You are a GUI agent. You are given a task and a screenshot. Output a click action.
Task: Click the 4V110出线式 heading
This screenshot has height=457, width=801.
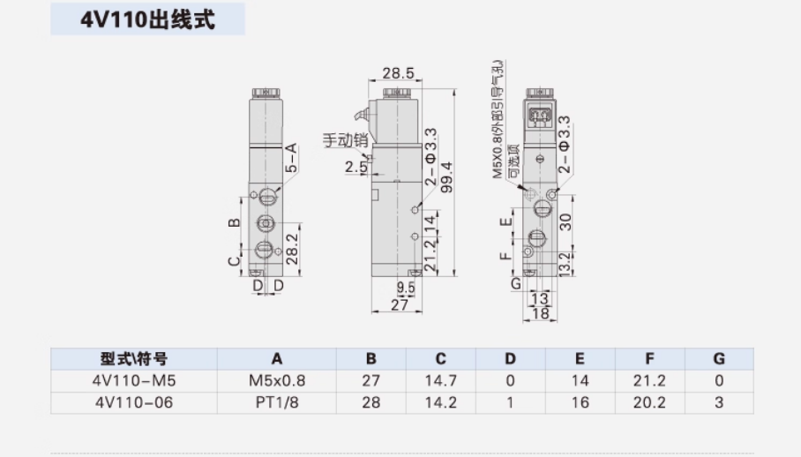tap(148, 19)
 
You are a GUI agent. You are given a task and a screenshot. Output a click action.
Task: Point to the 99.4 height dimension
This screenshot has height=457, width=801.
tap(446, 177)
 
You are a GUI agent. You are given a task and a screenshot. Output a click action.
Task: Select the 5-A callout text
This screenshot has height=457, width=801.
tap(291, 157)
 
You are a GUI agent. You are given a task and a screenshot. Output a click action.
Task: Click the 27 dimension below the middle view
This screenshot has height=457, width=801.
tap(399, 304)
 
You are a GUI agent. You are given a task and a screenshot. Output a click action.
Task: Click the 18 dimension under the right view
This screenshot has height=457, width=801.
tap(541, 313)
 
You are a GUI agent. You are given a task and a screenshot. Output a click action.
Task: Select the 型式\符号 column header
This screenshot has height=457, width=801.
tap(133, 359)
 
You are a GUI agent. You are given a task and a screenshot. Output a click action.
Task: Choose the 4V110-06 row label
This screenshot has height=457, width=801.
tap(133, 402)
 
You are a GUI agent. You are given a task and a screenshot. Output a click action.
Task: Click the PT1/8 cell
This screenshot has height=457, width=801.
tap(276, 402)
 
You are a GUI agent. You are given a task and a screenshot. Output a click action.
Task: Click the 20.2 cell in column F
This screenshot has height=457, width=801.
tap(649, 402)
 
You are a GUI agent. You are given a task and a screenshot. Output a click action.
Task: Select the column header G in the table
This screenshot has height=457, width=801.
tap(719, 359)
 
